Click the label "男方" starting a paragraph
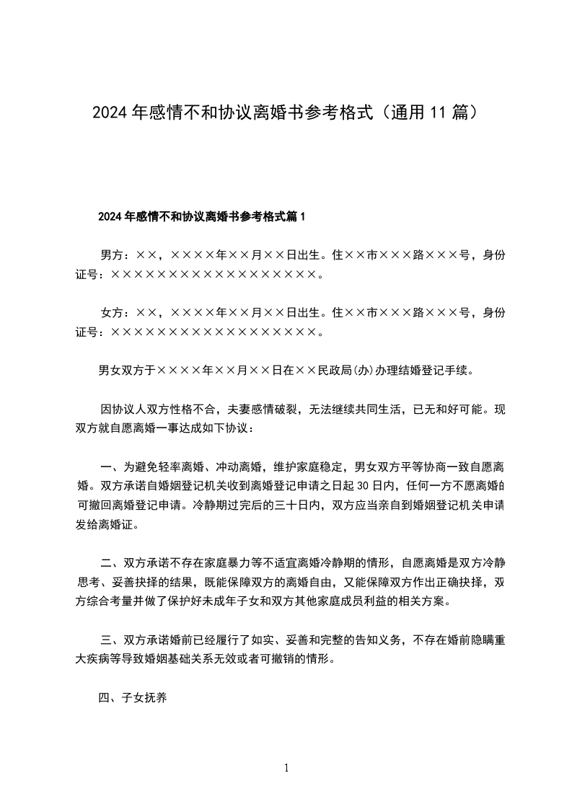tap(112, 255)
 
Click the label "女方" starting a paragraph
tap(112, 313)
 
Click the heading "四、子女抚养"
tap(133, 697)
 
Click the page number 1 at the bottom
tap(286, 768)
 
